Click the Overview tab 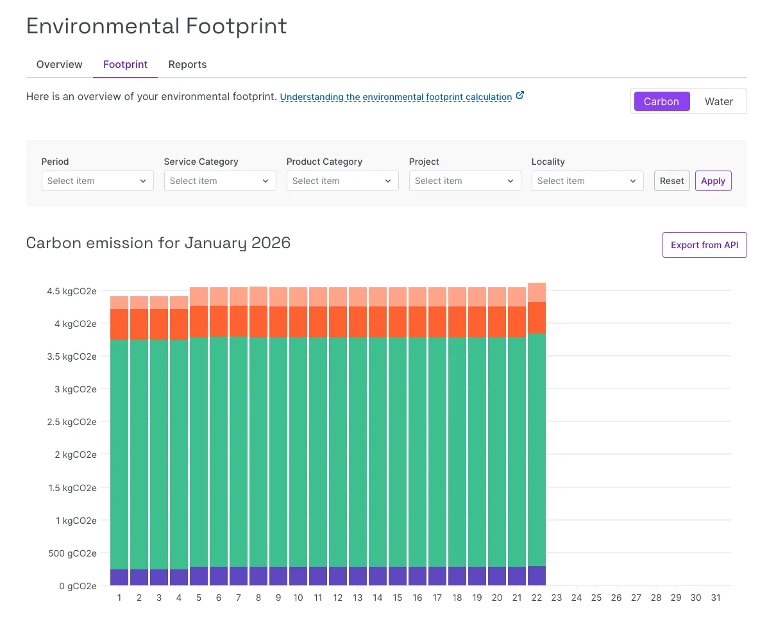(59, 64)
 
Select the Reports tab (187, 64)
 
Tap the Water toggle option (718, 101)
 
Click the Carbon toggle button (661, 101)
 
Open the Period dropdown (97, 181)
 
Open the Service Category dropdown (220, 181)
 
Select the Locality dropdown (587, 181)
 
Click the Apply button (713, 181)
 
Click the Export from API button (704, 245)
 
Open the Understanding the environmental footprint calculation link (396, 97)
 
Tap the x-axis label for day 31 (716, 598)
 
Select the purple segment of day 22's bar (537, 576)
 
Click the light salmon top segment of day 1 (119, 303)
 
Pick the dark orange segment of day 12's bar (338, 322)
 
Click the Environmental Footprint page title (156, 26)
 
